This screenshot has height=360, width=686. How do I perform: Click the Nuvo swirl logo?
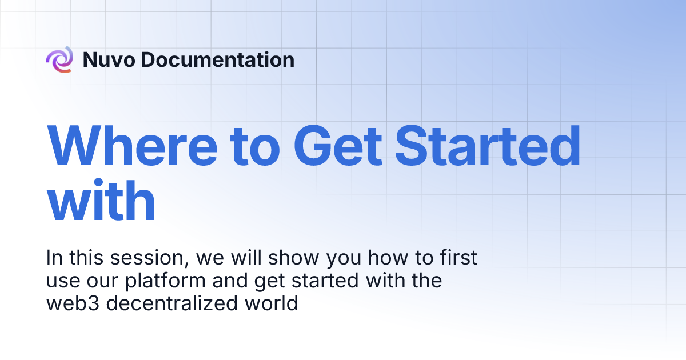(59, 59)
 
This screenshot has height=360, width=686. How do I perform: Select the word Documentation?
(218, 59)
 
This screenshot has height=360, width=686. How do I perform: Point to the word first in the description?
(457, 258)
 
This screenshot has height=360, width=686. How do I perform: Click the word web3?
(73, 303)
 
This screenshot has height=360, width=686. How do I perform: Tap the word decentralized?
(175, 303)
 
